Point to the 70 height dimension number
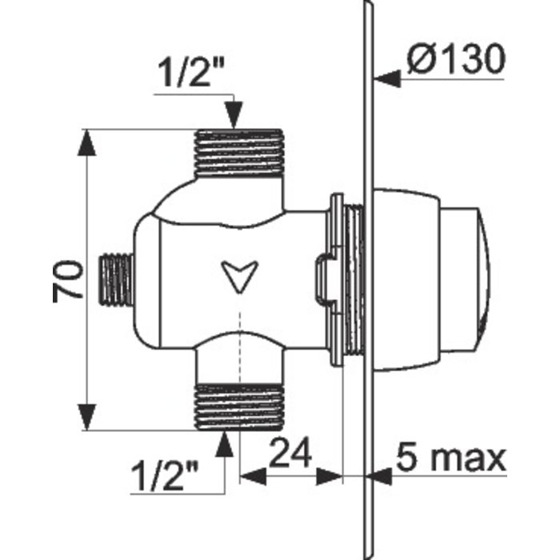coord(69,279)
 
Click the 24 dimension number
coord(290,455)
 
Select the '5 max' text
coord(451,458)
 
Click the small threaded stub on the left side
coord(114,279)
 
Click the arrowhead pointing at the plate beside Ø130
coord(386,78)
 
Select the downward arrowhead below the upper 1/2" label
coord(234,115)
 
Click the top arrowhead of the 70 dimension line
coord(87,142)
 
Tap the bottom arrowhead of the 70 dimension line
coord(87,417)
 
